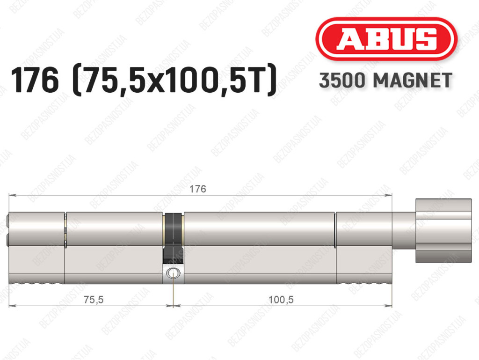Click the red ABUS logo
click(386, 39)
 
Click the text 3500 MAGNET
click(385, 81)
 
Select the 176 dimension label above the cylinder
click(198, 189)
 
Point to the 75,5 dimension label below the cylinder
click(94, 300)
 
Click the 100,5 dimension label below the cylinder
click(281, 300)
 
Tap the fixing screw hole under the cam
click(173, 272)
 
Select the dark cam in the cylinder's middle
click(173, 238)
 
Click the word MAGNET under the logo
click(413, 81)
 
